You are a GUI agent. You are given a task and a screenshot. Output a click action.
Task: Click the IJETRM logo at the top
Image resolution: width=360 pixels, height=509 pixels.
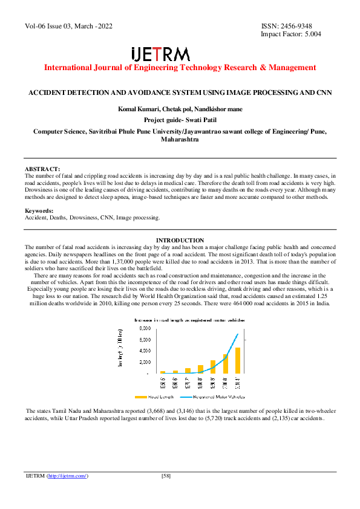click(x=160, y=54)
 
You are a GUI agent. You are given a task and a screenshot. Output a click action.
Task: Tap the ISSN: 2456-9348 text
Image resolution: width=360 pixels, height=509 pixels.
click(x=286, y=26)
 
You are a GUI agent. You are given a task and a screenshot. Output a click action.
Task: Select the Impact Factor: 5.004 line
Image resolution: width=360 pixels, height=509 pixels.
click(x=290, y=34)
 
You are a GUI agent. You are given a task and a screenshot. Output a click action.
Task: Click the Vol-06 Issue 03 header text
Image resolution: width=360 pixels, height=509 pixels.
click(x=69, y=26)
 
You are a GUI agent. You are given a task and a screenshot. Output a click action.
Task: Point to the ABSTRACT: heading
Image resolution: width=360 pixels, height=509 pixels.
click(x=42, y=169)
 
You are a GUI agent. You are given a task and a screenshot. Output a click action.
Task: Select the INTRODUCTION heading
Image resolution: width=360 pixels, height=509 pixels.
click(x=180, y=241)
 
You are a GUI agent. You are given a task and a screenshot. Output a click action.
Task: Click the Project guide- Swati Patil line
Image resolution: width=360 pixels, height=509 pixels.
click(x=179, y=120)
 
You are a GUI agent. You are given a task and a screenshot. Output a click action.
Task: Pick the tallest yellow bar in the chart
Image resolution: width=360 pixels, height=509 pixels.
click(x=238, y=360)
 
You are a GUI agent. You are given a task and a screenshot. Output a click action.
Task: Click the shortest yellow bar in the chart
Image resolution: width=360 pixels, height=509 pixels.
click(x=163, y=372)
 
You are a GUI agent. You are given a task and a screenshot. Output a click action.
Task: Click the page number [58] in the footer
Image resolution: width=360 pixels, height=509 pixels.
click(x=166, y=476)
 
